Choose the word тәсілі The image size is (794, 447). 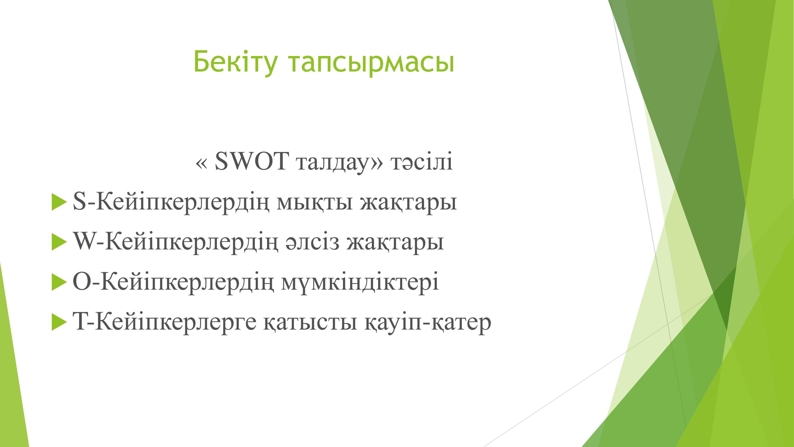(x=421, y=161)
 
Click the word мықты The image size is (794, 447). (x=314, y=203)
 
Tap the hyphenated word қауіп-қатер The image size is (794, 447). (x=428, y=323)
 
